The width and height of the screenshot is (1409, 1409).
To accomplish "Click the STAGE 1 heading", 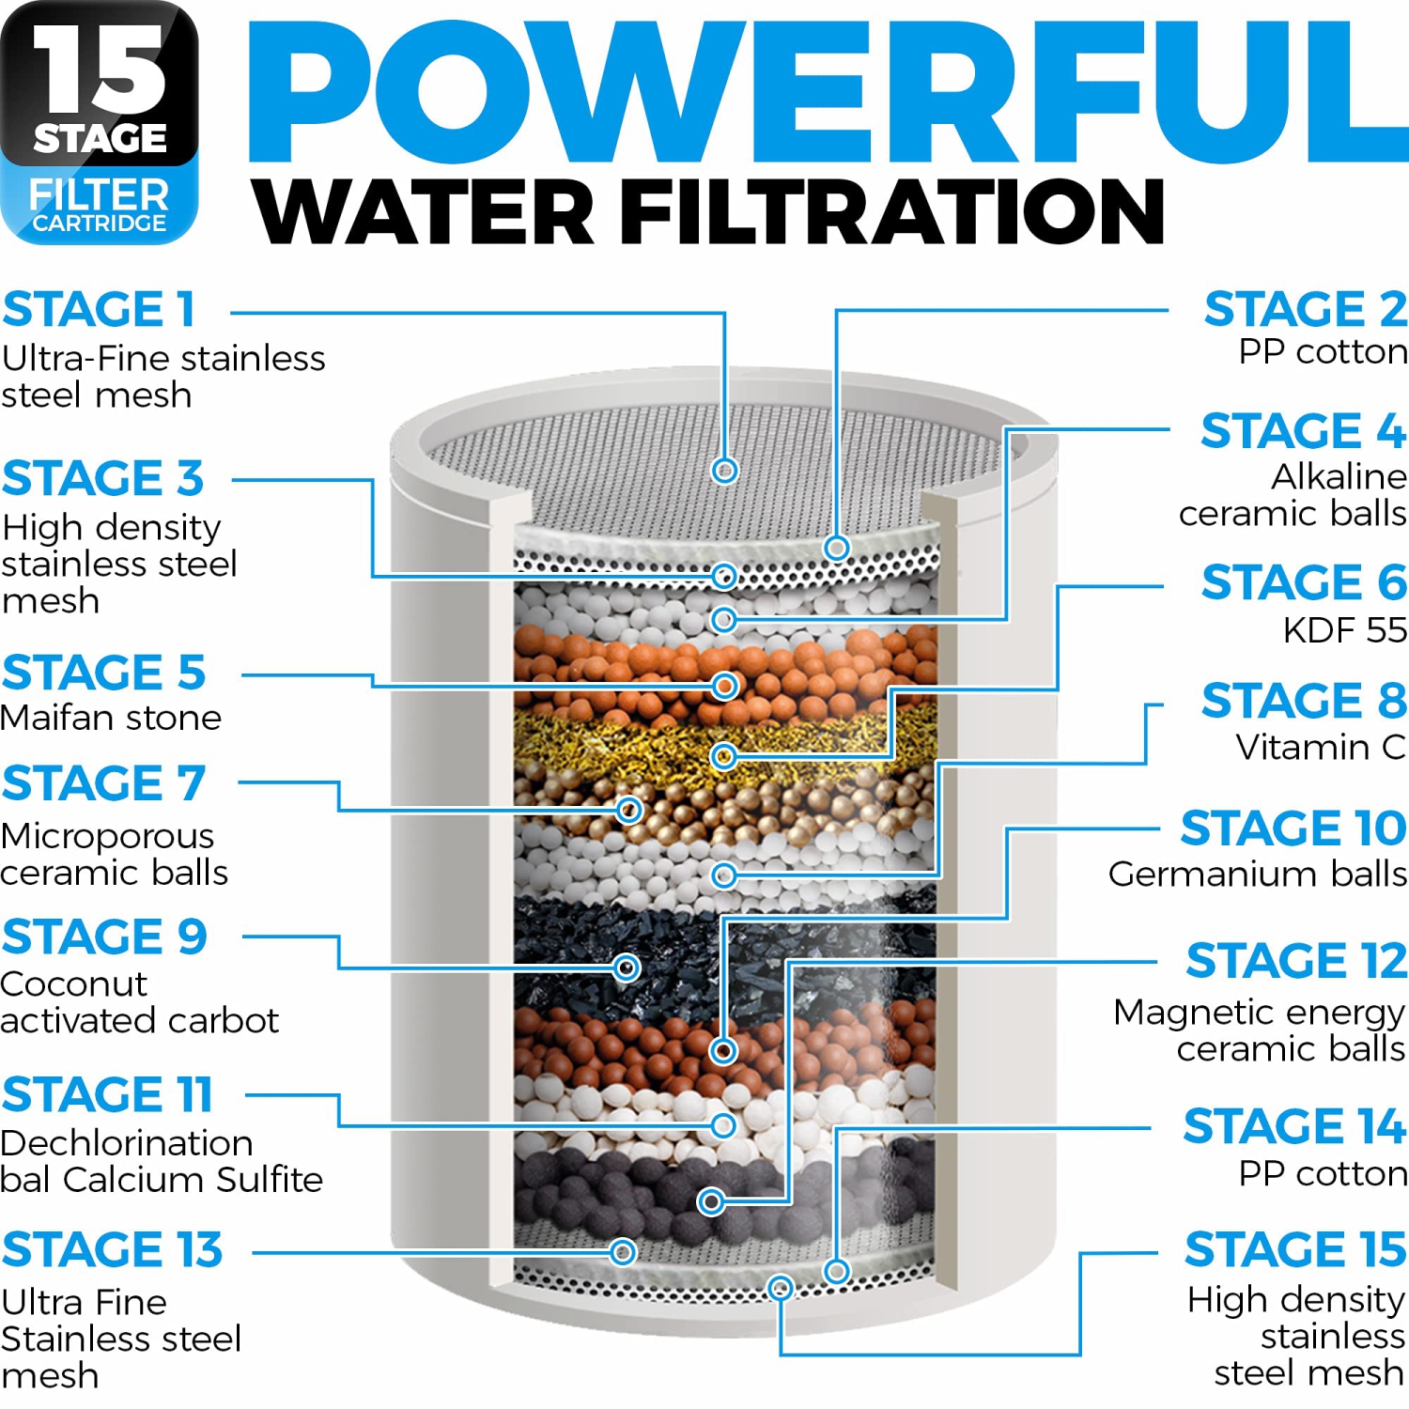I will pyautogui.click(x=99, y=310).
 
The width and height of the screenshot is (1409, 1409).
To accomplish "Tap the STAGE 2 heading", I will pyautogui.click(x=1305, y=310).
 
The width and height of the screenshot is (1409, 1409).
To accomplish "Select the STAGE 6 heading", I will pyautogui.click(x=1303, y=582).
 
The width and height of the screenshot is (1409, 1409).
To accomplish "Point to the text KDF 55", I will pyautogui.click(x=1344, y=630).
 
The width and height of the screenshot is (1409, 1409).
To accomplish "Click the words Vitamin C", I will pyautogui.click(x=1320, y=748).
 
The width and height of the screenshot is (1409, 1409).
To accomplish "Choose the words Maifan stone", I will pyautogui.click(x=111, y=718).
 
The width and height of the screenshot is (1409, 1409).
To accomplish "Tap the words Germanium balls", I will pyautogui.click(x=1257, y=875).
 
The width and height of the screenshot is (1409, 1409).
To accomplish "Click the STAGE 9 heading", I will pyautogui.click(x=104, y=937).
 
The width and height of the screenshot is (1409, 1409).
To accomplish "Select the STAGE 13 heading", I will pyautogui.click(x=112, y=1249).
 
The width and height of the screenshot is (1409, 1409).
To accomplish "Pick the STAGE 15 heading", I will pyautogui.click(x=1294, y=1249).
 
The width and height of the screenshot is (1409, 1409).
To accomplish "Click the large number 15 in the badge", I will pyautogui.click(x=100, y=70).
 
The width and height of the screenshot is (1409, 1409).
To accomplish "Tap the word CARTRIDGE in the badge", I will pyautogui.click(x=100, y=224).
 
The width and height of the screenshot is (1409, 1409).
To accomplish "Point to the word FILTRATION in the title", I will pyautogui.click(x=892, y=211).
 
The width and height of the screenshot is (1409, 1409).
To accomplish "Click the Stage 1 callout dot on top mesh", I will pyautogui.click(x=724, y=470).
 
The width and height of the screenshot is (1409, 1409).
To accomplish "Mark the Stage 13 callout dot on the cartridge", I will pyautogui.click(x=623, y=1251).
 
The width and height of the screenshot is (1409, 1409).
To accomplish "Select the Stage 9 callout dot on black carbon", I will pyautogui.click(x=627, y=968).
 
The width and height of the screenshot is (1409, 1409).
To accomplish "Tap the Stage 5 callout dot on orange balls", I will pyautogui.click(x=724, y=686).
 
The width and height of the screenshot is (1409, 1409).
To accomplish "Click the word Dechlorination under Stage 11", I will pyautogui.click(x=127, y=1143).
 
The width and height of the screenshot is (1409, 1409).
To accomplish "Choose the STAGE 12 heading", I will pyautogui.click(x=1295, y=961).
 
